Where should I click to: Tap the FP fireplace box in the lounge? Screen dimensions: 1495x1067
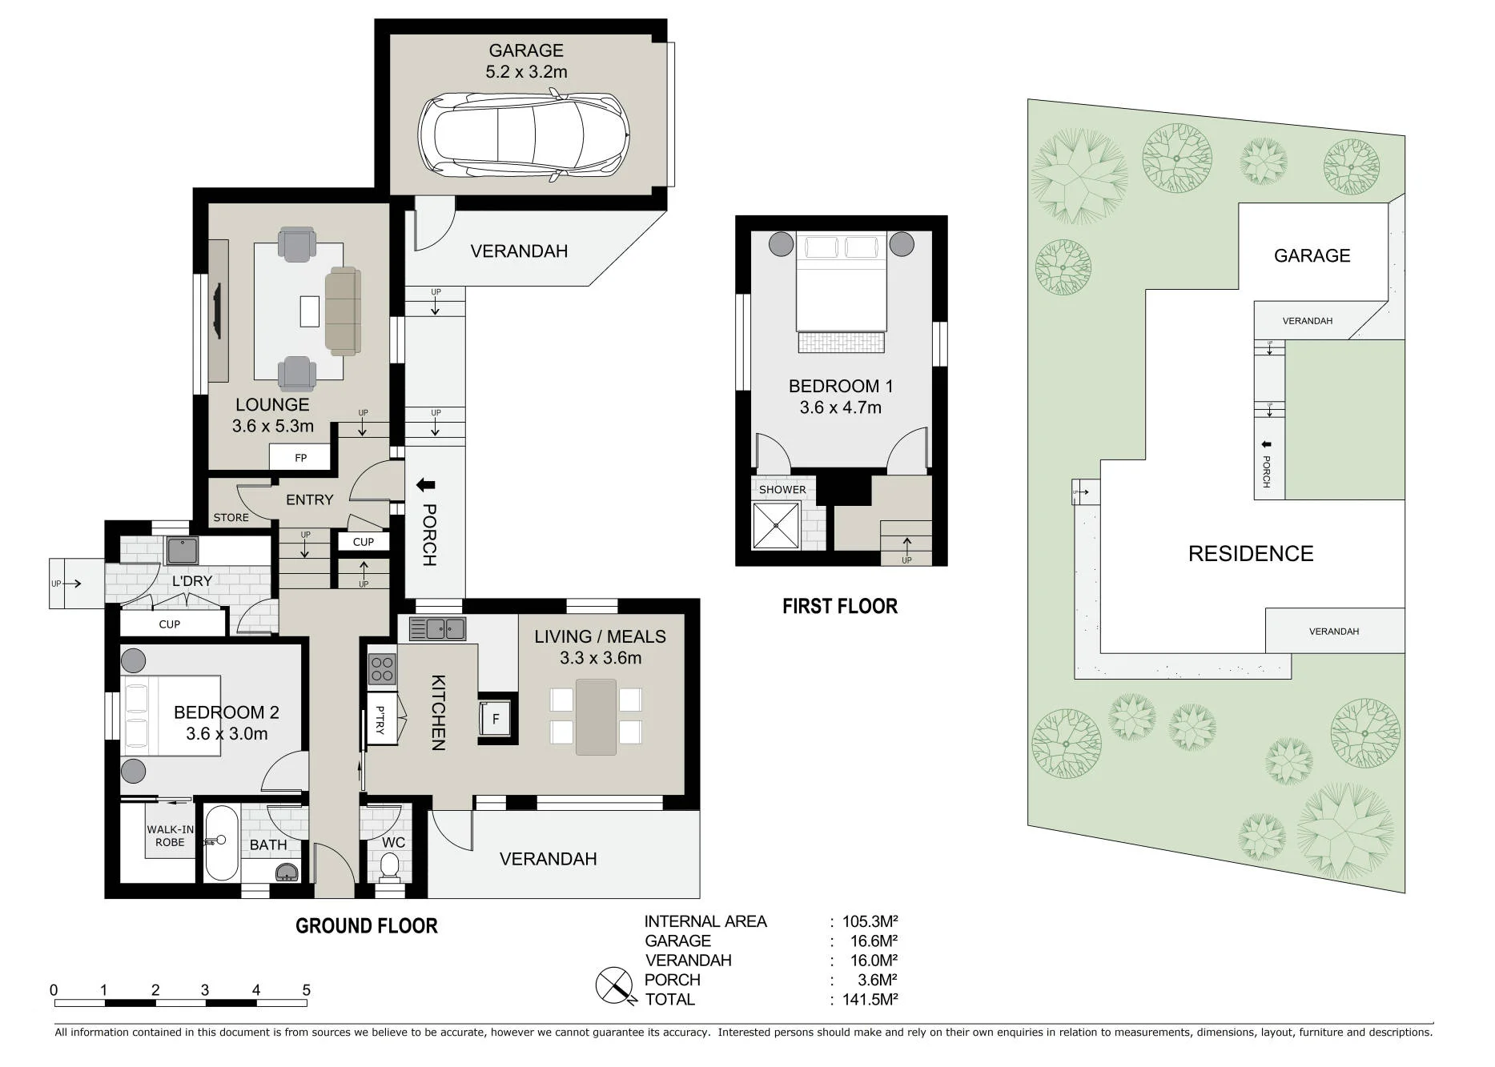click(x=300, y=458)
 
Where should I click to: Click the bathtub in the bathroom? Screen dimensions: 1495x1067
click(x=221, y=842)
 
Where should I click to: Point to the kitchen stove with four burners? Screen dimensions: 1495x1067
click(x=383, y=669)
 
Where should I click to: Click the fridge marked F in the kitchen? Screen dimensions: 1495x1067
click(x=495, y=719)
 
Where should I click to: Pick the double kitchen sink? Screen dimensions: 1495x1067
click(x=437, y=629)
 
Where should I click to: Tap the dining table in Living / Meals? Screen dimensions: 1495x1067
click(x=596, y=717)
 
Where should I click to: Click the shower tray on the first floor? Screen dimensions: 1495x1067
click(x=776, y=526)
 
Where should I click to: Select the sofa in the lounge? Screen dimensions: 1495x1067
click(x=343, y=311)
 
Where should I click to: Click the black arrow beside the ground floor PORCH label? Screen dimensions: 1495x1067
click(x=425, y=485)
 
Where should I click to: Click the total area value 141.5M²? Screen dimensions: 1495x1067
click(x=870, y=999)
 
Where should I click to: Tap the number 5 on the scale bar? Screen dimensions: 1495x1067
click(x=306, y=990)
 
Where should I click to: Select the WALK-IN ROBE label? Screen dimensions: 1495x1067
click(x=170, y=836)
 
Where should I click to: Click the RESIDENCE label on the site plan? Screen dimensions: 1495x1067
click(x=1251, y=554)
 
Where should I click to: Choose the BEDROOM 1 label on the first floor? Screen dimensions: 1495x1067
click(x=840, y=386)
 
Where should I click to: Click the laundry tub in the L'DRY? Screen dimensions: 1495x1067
click(x=182, y=551)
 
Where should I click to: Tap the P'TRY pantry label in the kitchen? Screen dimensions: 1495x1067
click(x=380, y=720)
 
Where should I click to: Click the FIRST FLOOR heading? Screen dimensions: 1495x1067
click(x=840, y=606)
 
